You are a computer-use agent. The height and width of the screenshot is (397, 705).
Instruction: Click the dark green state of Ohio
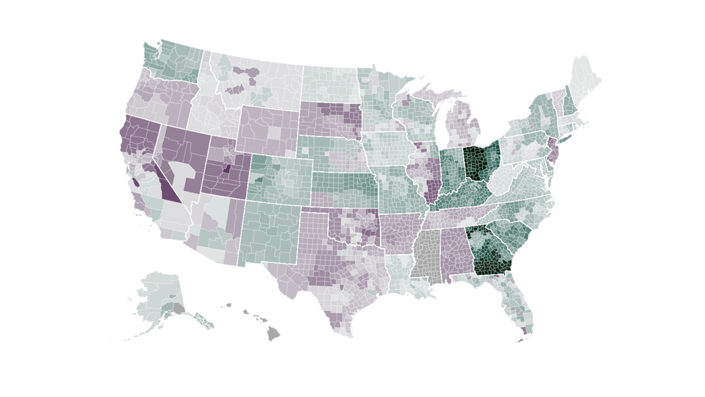click(x=480, y=163)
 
